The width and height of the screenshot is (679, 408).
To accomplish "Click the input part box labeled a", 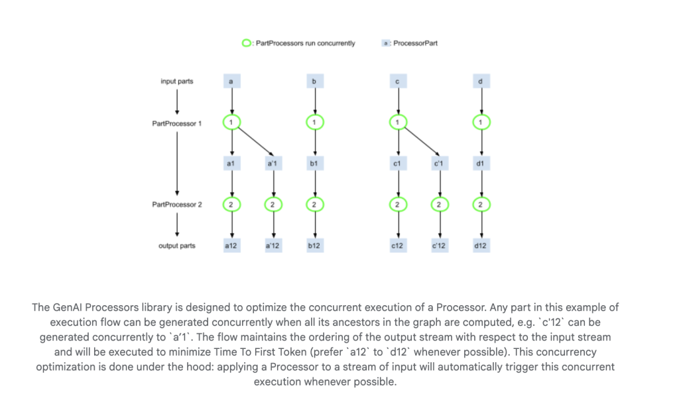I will [231, 82].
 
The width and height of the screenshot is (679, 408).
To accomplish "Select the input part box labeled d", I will [481, 82].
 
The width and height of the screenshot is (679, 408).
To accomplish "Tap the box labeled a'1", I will [273, 163].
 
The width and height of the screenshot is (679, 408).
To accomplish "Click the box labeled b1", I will [314, 163].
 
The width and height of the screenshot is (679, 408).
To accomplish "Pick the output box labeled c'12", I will [438, 245].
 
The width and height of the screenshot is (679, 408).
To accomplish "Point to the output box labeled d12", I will [481, 245].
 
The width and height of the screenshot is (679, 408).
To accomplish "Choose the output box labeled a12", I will [231, 245].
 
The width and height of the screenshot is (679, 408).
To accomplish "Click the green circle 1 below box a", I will [231, 123].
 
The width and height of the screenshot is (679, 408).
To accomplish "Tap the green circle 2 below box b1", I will [314, 204].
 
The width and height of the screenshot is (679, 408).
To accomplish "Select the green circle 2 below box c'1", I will [438, 204].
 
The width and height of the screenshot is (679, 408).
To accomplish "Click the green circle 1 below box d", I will [481, 123].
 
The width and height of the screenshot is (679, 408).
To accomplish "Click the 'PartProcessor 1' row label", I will [177, 123].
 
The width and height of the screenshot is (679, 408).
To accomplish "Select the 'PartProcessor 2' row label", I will [177, 205].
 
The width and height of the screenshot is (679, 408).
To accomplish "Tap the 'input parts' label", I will [177, 82].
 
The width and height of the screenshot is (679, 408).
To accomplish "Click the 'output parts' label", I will [177, 246].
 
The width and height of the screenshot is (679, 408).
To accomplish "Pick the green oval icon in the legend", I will [247, 43].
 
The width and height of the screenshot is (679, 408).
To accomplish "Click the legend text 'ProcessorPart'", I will [415, 43].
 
